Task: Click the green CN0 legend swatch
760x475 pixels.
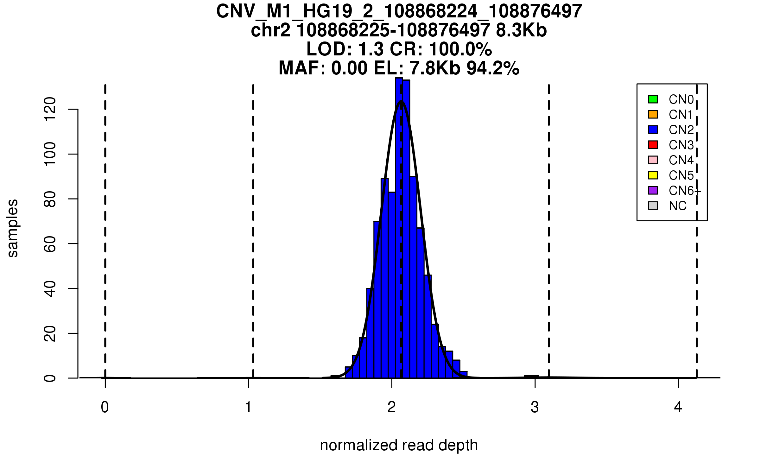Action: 653,99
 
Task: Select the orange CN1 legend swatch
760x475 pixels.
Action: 653,114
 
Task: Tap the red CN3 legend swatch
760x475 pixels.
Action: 653,145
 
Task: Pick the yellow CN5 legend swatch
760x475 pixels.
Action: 653,175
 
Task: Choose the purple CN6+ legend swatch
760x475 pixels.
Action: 653,190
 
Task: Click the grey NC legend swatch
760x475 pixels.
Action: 653,206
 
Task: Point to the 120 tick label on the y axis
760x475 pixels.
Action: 50,109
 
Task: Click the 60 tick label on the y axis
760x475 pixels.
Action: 50,244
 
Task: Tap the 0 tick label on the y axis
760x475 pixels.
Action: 50,378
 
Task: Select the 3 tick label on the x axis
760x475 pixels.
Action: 535,407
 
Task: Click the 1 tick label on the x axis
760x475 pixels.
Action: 249,407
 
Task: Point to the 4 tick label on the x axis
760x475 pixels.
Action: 678,407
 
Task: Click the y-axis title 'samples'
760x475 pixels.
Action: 13,228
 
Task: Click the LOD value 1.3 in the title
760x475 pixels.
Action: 371,49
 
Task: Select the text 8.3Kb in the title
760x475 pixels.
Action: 521,31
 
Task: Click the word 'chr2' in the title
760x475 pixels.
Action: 270,31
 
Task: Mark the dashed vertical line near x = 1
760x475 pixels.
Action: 253,222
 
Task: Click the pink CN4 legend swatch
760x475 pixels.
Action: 653,160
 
